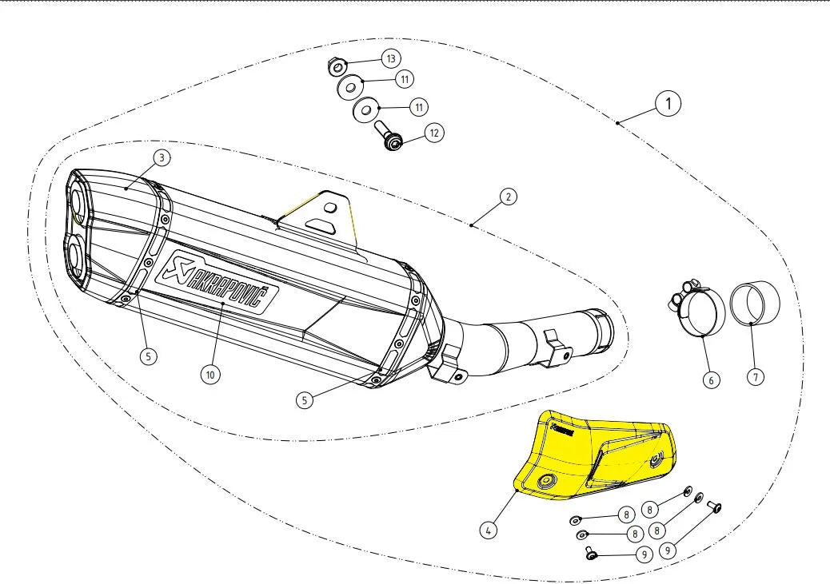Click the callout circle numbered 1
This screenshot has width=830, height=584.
click(x=668, y=103)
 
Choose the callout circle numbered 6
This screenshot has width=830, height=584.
click(x=710, y=380)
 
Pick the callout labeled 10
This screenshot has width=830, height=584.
click(x=209, y=373)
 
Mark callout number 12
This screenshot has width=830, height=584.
click(x=433, y=132)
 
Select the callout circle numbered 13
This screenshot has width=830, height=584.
click(x=391, y=59)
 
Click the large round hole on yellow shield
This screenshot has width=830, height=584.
click(x=549, y=480)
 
